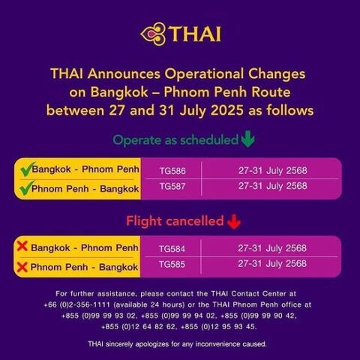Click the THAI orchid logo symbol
point(154,34)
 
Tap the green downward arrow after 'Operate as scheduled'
point(248,138)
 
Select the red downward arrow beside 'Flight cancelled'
point(234,221)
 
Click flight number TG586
point(172,171)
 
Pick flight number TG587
point(172,186)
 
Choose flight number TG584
point(172,249)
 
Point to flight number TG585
point(172,264)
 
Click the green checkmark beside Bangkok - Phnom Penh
point(27,169)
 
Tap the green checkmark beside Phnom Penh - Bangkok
point(27,188)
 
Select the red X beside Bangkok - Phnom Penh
point(22,246)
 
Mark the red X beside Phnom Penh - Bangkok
point(22,267)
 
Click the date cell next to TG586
point(273,170)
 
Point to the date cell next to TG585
point(272,263)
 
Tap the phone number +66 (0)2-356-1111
point(76,304)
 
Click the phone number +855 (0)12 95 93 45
point(218,326)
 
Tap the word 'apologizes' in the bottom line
point(152,344)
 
